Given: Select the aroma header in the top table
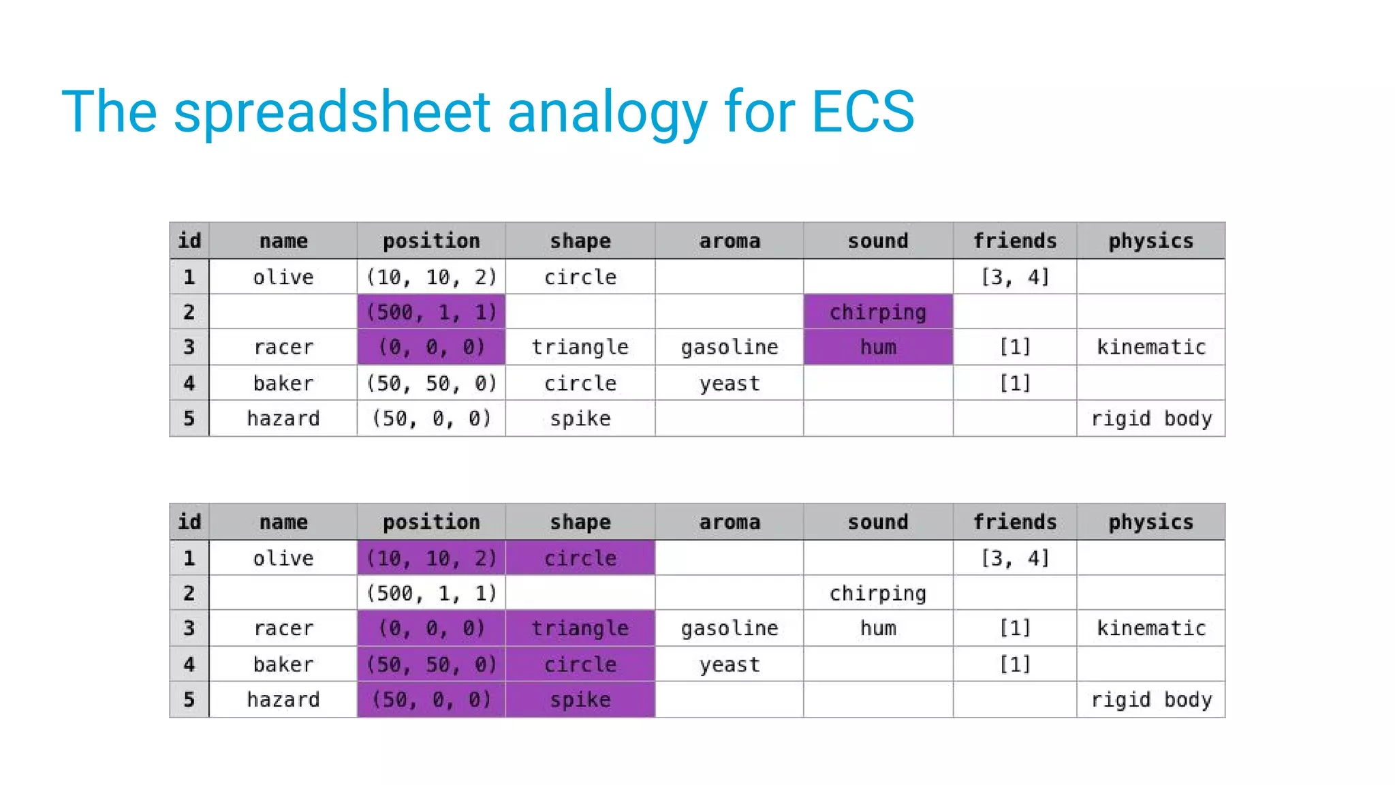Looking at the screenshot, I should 729,241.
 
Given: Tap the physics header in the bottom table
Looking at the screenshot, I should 1150,522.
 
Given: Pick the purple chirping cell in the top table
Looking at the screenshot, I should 877,312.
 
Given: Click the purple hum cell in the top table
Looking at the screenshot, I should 877,348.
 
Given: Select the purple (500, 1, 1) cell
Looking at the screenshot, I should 431,312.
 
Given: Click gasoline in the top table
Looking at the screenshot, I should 729,348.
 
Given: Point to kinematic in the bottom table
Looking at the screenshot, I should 1150,628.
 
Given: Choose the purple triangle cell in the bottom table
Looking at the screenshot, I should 580,628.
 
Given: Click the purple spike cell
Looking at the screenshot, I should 580,700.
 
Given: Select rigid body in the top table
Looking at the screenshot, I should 1150,418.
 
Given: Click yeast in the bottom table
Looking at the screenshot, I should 729,664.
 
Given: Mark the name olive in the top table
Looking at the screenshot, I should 283,277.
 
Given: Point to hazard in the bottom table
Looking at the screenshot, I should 283,700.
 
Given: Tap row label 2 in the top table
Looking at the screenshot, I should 189,312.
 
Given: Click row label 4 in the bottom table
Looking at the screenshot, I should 189,664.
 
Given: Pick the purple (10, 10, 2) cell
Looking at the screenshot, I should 431,558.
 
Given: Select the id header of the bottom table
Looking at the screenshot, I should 189,522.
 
